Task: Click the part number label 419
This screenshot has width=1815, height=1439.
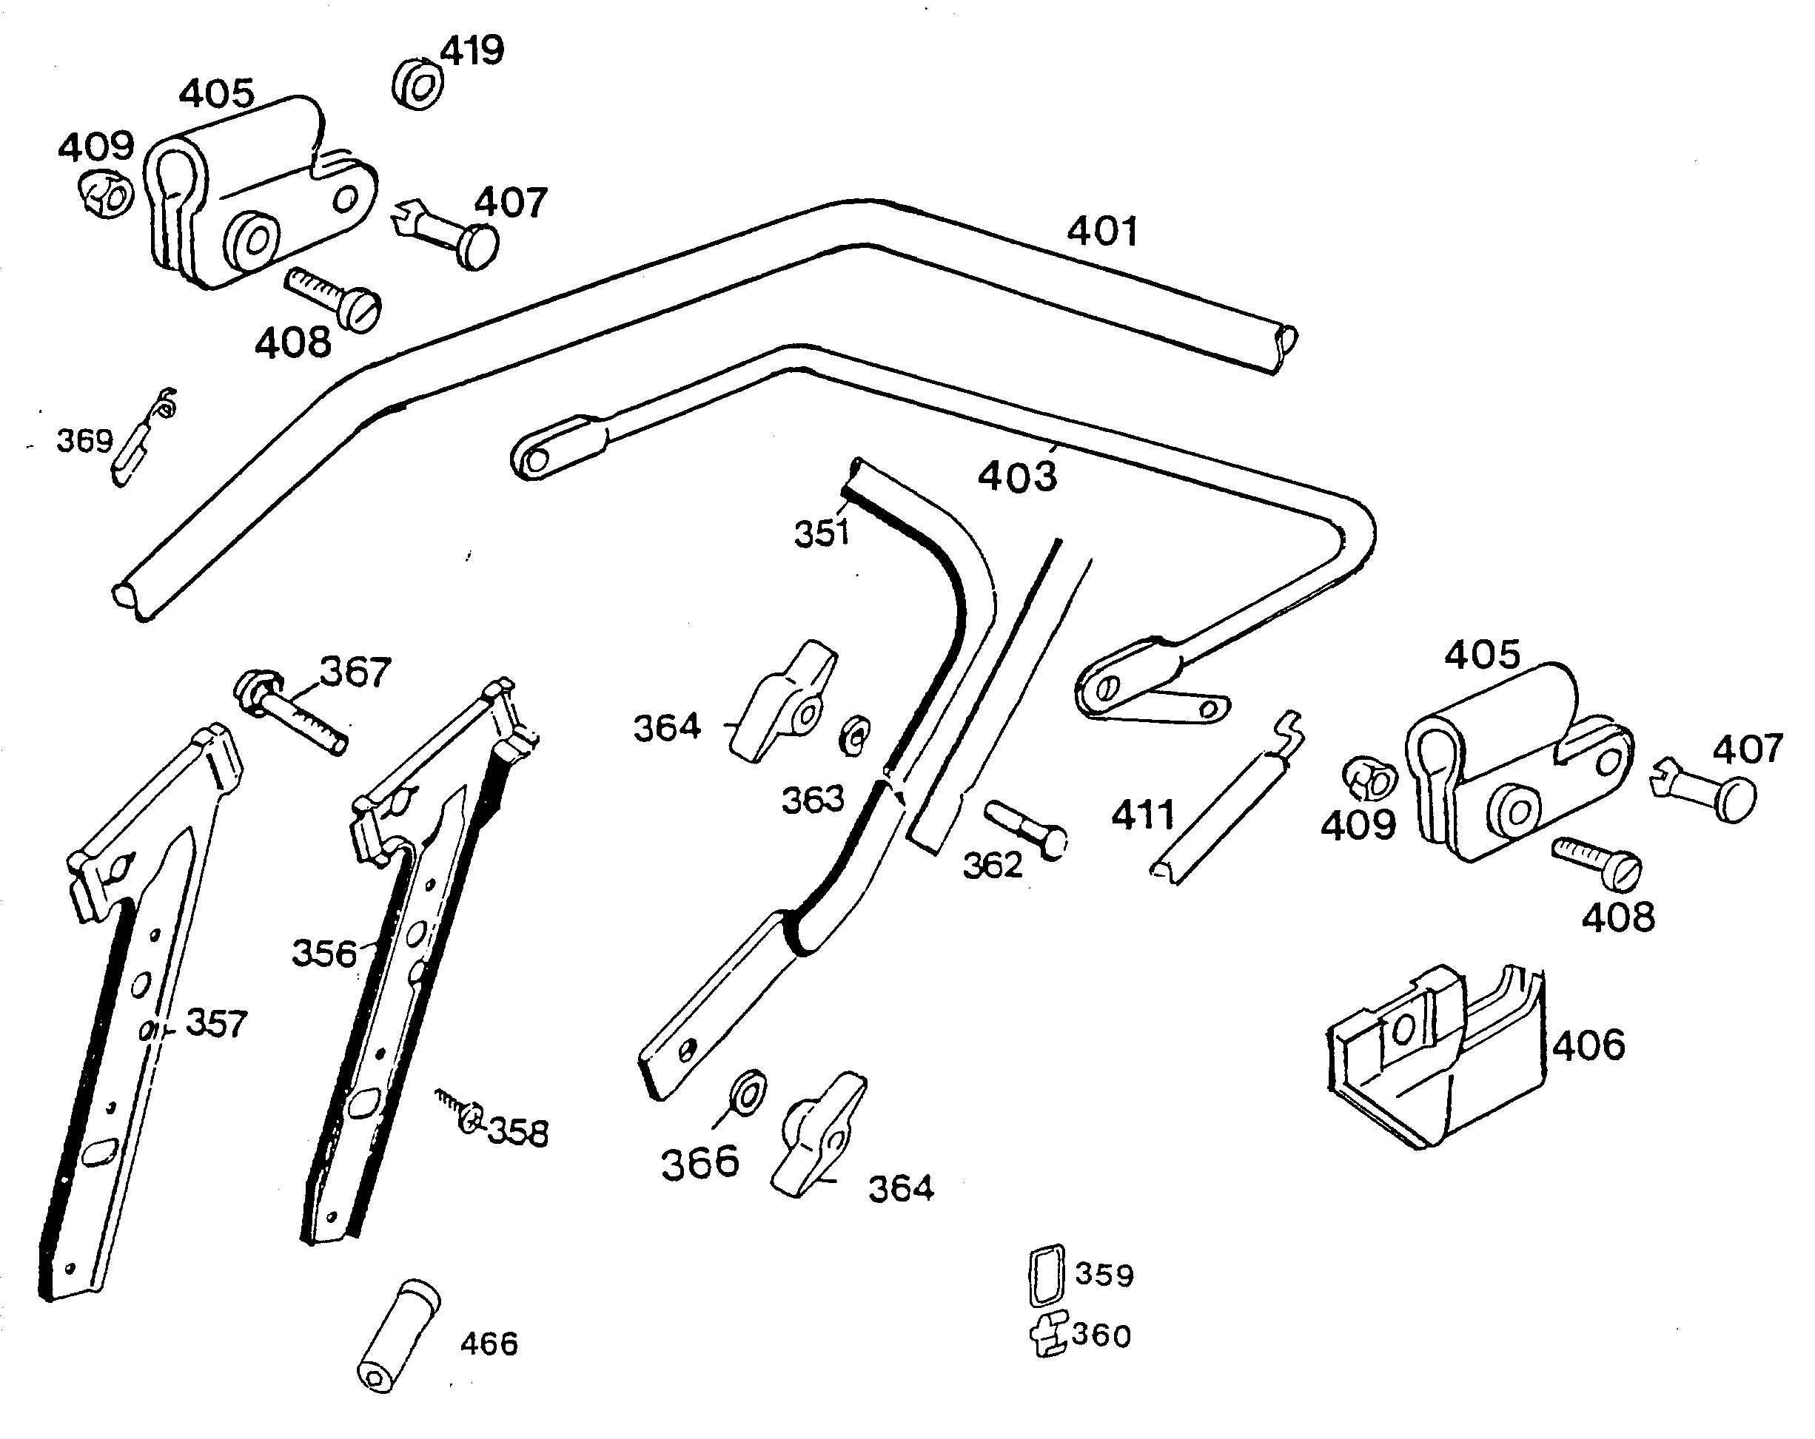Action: (472, 50)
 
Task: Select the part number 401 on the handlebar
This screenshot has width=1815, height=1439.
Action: (1102, 232)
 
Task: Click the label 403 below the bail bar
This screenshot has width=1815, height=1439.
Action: (1017, 476)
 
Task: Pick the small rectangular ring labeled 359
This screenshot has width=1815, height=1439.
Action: (1047, 1275)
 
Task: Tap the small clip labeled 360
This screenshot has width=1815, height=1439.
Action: (1049, 1335)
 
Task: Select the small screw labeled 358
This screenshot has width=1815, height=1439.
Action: (460, 1111)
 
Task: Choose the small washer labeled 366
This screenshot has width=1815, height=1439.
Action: (747, 1091)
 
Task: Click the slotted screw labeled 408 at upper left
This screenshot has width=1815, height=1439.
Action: (333, 296)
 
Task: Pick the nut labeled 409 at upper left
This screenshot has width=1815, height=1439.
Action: (107, 195)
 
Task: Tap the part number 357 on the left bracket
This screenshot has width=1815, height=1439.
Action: (216, 1024)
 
